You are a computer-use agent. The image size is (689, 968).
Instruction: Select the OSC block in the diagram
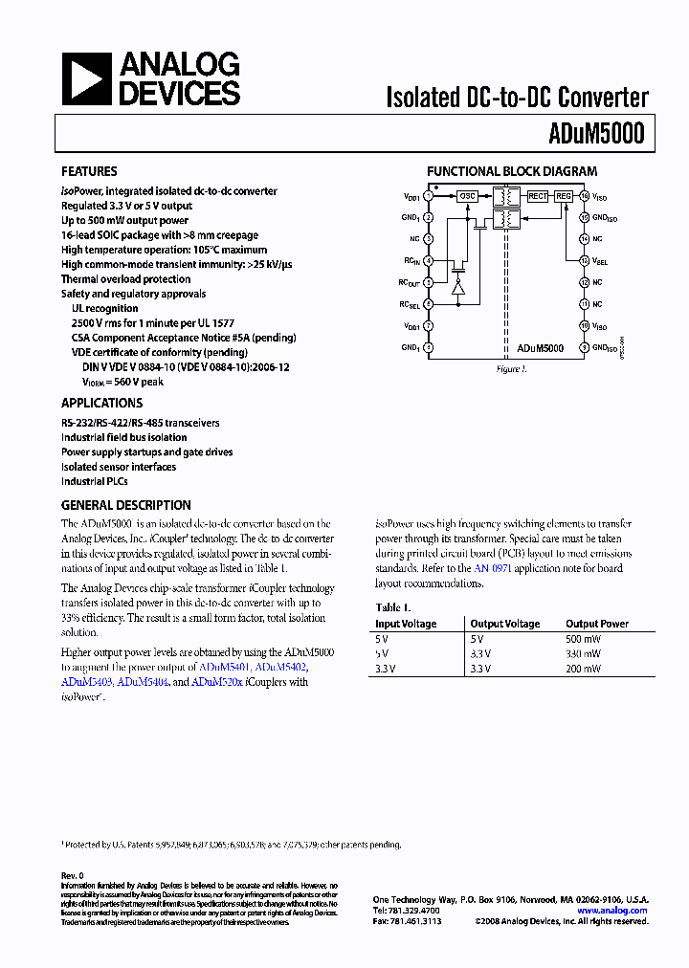(x=467, y=196)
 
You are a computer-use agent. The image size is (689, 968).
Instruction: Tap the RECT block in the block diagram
(x=538, y=196)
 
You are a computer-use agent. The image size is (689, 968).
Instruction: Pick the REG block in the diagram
(x=564, y=196)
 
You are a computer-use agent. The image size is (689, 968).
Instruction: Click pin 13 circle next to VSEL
(x=583, y=260)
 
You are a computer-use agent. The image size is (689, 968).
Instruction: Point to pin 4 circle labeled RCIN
(x=428, y=260)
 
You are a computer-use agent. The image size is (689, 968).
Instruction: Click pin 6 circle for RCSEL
(x=428, y=304)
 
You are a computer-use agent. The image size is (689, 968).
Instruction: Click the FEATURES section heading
(x=89, y=172)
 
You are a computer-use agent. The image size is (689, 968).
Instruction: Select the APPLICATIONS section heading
(x=101, y=404)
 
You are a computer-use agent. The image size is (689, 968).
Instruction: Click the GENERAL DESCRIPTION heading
(x=125, y=505)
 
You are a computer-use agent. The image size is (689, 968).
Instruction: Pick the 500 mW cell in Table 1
(x=583, y=639)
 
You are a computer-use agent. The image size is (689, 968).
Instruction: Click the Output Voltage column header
(x=504, y=624)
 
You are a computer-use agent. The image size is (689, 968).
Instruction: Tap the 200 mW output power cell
(x=583, y=669)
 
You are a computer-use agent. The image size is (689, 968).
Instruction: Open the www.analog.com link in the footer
(x=612, y=911)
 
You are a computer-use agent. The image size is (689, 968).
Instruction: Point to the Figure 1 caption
(x=511, y=369)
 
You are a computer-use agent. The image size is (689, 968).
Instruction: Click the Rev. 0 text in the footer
(x=73, y=875)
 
